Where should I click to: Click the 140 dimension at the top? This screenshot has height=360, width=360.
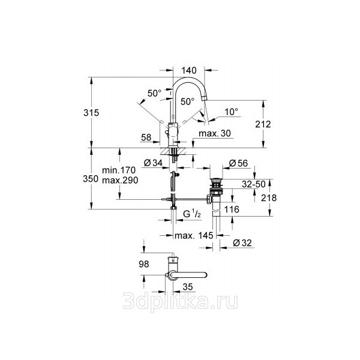[189, 70]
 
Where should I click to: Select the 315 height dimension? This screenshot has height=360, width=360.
[91, 113]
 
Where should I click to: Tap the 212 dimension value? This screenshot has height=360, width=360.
[263, 124]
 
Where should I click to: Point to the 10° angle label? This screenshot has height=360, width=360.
[231, 112]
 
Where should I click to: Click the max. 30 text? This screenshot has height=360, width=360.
[215, 133]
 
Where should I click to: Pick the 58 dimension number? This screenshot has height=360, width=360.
[146, 137]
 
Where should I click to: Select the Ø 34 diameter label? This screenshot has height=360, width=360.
[153, 163]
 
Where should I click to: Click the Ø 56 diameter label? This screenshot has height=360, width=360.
[239, 163]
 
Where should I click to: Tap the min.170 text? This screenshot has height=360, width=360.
[119, 170]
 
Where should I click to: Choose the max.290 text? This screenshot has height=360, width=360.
[120, 180]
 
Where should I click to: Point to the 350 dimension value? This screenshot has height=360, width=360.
[91, 179]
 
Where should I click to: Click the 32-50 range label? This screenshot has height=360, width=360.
[254, 184]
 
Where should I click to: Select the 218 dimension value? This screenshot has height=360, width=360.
[269, 198]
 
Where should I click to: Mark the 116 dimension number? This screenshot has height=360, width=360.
[232, 209]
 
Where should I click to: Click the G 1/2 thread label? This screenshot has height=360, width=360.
[192, 214]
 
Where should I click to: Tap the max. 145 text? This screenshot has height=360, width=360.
[194, 235]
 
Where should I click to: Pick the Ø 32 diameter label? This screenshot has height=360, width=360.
[242, 243]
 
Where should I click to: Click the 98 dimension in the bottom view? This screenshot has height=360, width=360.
[144, 264]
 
